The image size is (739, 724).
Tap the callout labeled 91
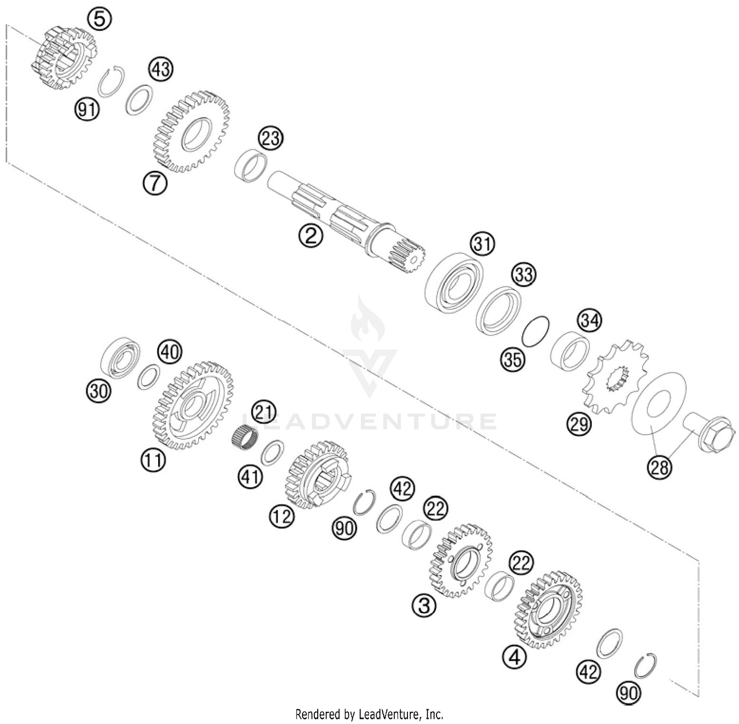coord(87,110)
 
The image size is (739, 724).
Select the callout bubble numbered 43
coord(161,70)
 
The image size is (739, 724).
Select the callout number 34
coord(590,321)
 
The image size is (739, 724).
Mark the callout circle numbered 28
coord(659,466)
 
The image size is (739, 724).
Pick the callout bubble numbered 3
coord(424,604)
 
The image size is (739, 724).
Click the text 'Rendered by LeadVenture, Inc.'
coord(369,714)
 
